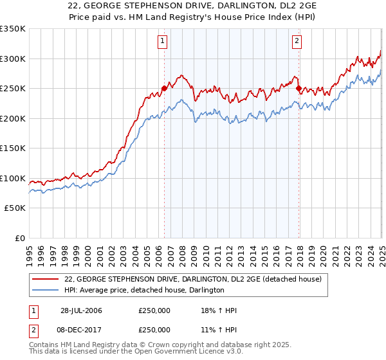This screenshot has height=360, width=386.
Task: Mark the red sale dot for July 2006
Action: click(x=164, y=89)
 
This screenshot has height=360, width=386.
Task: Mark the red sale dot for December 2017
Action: click(x=299, y=89)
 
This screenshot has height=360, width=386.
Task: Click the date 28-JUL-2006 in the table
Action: click(x=82, y=310)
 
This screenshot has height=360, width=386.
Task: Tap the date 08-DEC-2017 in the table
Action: click(x=82, y=330)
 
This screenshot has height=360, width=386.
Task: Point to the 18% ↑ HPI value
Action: click(x=219, y=310)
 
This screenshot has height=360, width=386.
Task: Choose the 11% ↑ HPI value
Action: click(x=219, y=330)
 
